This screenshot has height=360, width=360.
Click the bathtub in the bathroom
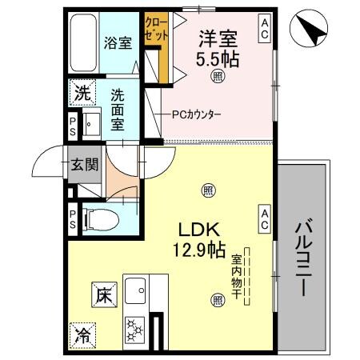click(82, 44)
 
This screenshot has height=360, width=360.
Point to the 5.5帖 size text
click(218, 57)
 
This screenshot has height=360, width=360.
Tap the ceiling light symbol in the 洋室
click(217, 77)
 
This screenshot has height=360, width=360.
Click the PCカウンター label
click(196, 114)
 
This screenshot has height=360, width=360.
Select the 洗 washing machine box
click(82, 92)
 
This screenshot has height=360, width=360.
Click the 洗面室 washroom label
click(118, 108)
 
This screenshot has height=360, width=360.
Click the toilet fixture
click(99, 216)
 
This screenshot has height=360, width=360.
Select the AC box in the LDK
click(263, 214)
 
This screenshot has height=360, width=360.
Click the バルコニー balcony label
click(302, 256)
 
